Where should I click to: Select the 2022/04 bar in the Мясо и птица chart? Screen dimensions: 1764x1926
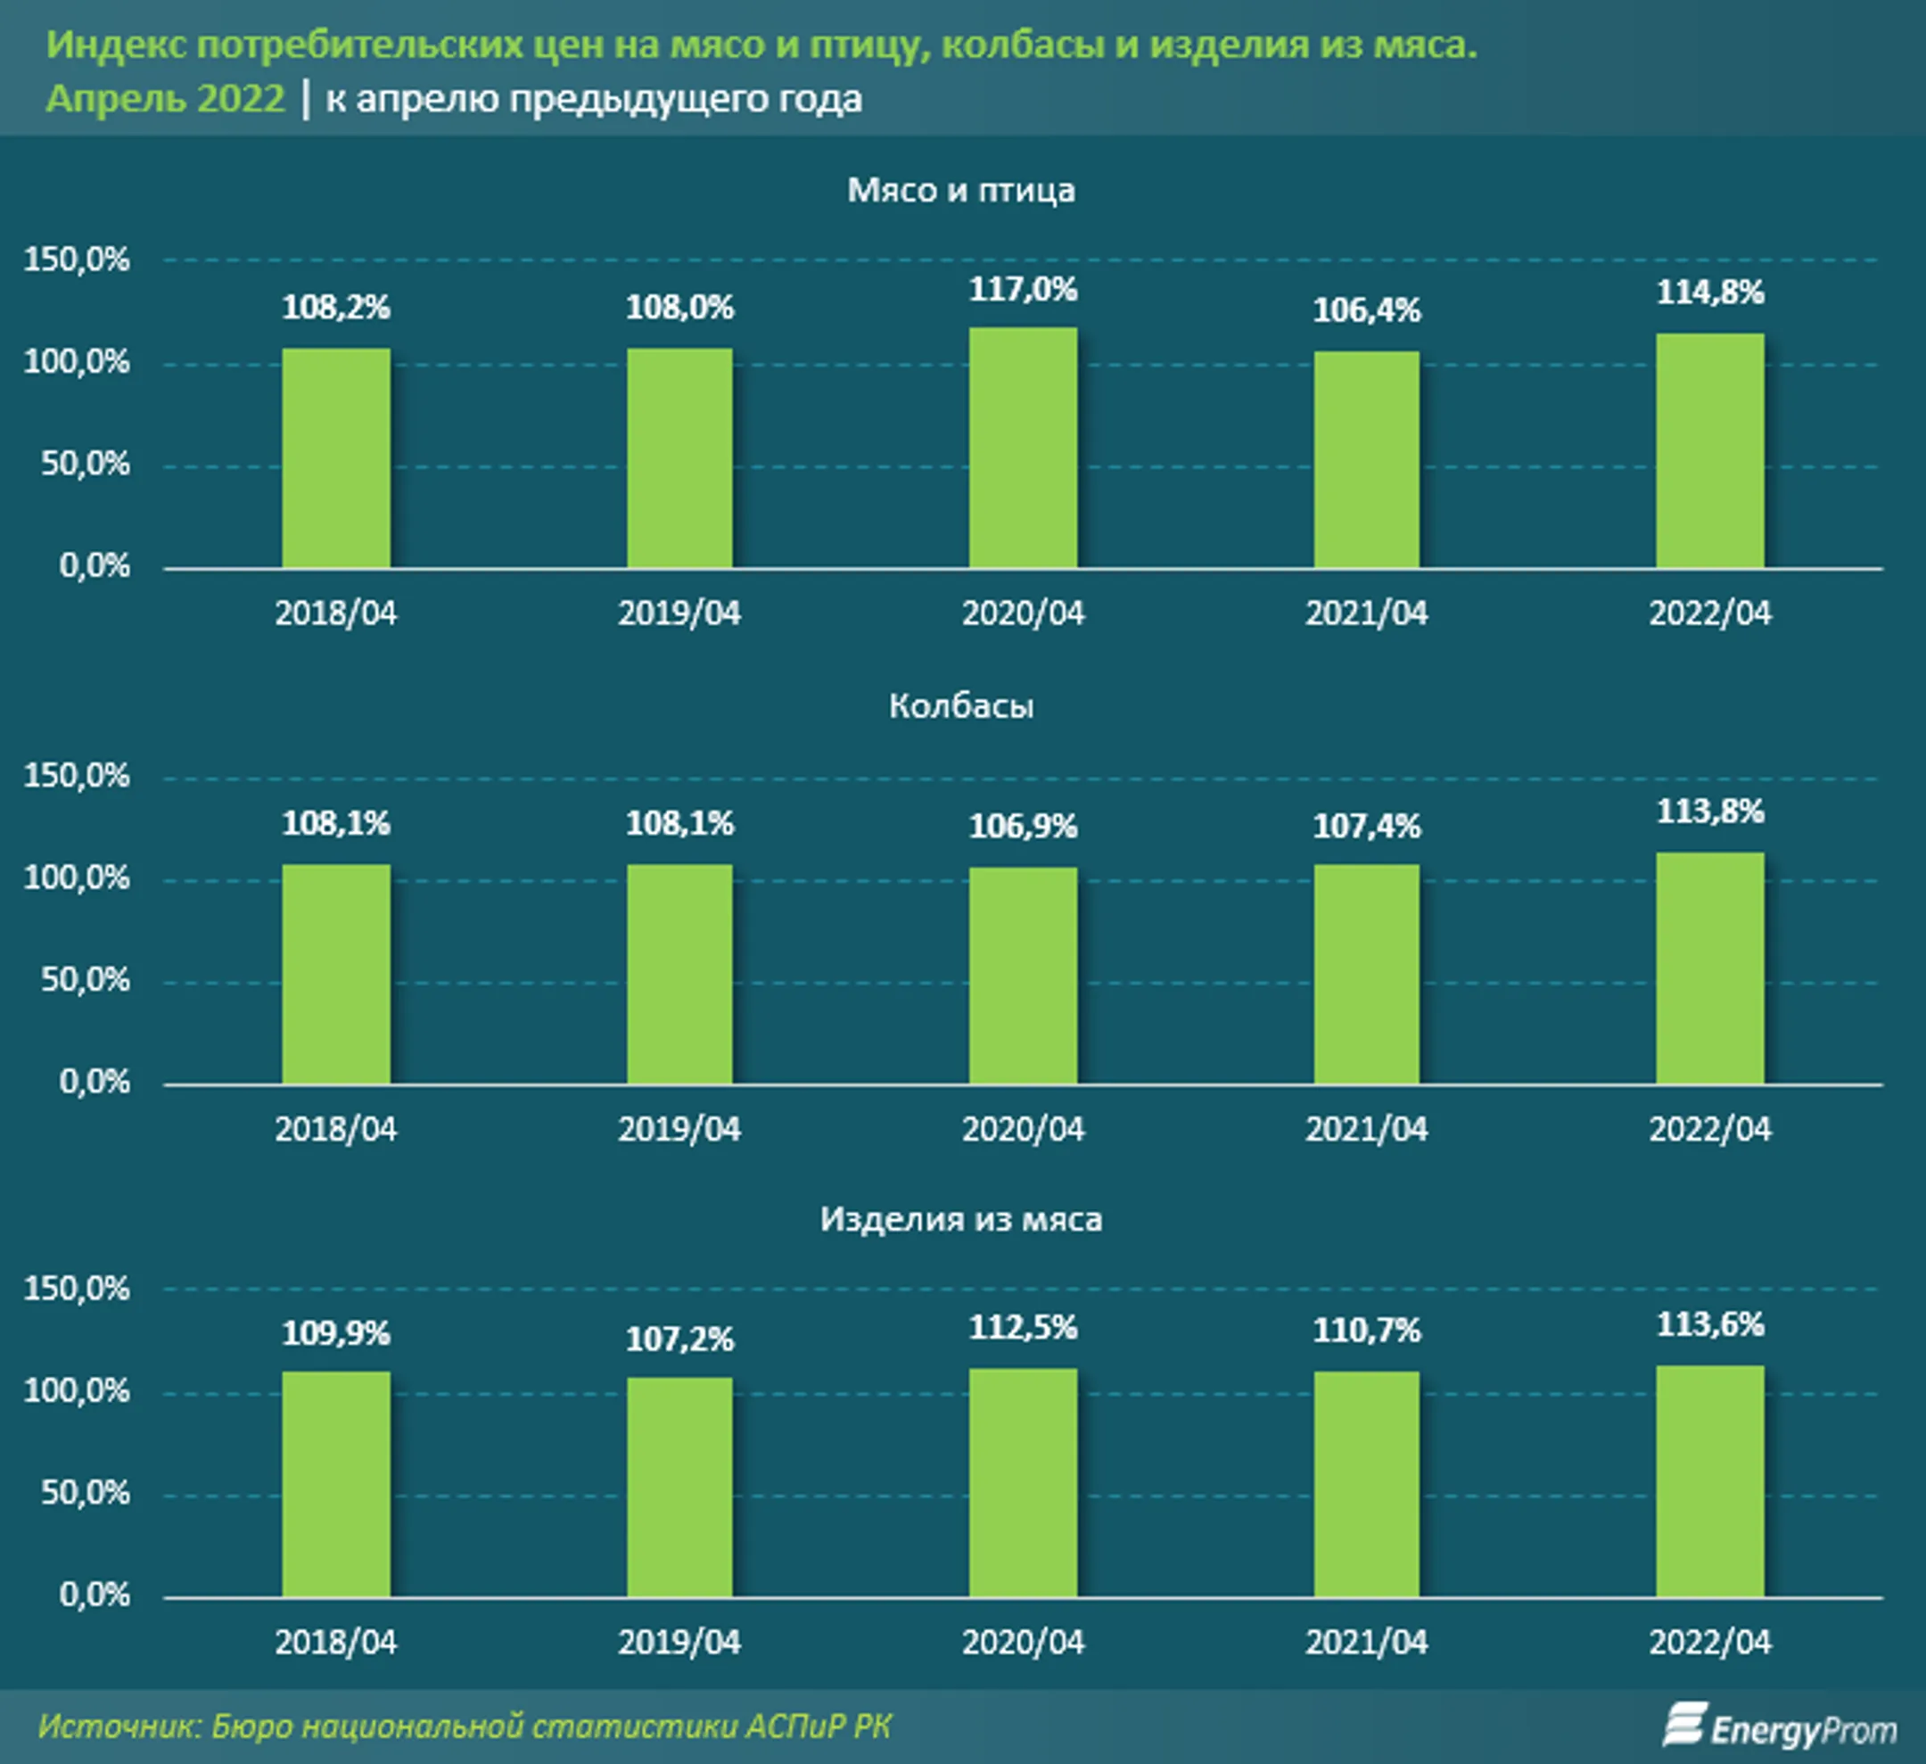point(1709,451)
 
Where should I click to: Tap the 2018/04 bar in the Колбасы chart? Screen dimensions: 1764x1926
point(336,974)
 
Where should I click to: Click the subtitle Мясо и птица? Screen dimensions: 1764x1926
point(961,190)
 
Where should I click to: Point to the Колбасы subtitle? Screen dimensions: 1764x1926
point(961,705)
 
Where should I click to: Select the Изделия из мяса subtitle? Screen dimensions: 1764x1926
point(961,1219)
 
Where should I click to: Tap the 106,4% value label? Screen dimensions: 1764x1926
point(1366,310)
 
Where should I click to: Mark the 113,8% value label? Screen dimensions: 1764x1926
point(1709,812)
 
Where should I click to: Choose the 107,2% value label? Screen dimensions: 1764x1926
point(679,1339)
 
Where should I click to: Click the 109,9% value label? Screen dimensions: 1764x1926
point(336,1333)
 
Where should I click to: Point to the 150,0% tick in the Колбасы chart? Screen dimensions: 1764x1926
point(77,775)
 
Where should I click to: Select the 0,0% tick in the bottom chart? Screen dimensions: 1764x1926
point(94,1594)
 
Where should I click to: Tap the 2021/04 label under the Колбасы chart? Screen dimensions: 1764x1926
point(1366,1130)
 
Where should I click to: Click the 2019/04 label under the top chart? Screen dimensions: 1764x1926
point(679,614)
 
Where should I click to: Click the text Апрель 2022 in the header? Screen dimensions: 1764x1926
point(165,98)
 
